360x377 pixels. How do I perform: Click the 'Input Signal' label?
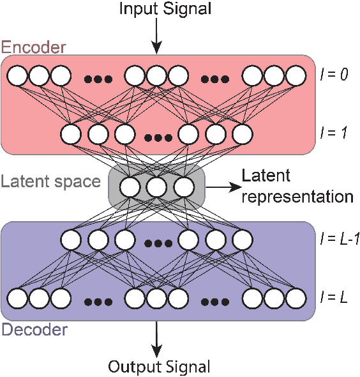(155, 10)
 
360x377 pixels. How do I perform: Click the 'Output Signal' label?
(159, 367)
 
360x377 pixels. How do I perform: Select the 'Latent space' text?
(50, 181)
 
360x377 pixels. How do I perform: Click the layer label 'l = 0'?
(334, 75)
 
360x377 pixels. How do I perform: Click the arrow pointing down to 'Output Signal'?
(155, 339)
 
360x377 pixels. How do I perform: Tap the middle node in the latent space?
(156, 187)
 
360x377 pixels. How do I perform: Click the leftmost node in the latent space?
(130, 187)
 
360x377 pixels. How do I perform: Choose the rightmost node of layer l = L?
(296, 298)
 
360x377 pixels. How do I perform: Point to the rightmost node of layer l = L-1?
(242, 240)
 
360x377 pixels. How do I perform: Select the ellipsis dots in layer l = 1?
(156, 137)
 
